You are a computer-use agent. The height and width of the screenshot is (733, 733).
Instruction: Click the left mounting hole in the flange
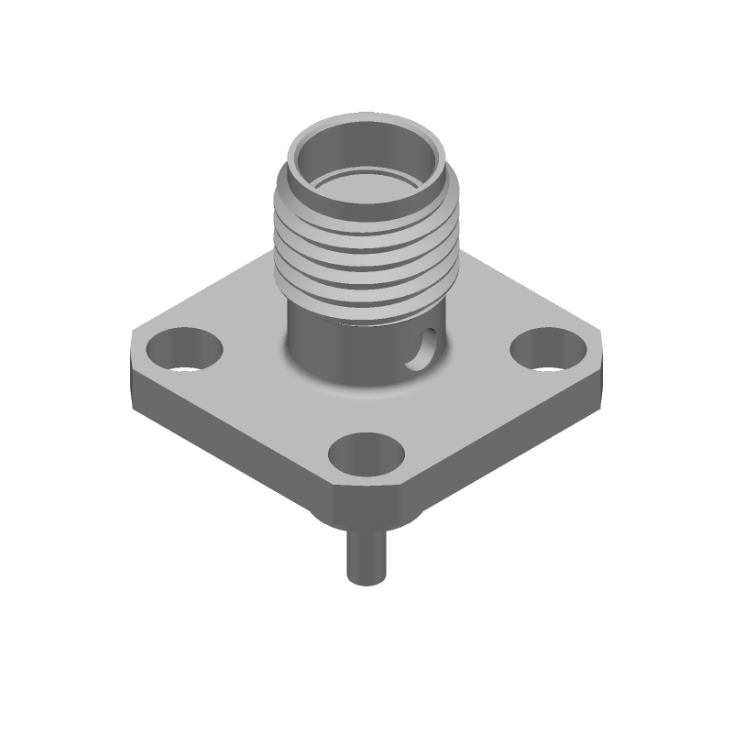[x=184, y=350]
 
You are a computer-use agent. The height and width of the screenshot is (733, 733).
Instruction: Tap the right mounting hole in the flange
[x=548, y=351]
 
